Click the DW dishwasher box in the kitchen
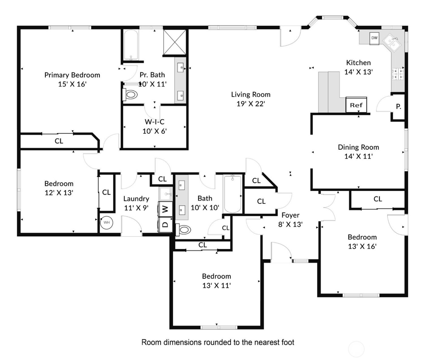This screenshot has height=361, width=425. tap(374, 38)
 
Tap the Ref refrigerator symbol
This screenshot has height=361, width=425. tap(356, 105)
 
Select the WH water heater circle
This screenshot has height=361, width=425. tap(106, 223)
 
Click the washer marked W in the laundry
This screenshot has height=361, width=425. tap(165, 209)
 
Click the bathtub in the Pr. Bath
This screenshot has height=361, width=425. tap(131, 45)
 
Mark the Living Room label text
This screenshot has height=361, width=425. tap(250, 94)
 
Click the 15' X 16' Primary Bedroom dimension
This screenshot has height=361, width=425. tap(72, 84)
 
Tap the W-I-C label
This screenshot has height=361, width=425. tap(155, 122)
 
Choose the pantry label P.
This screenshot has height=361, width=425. tap(398, 107)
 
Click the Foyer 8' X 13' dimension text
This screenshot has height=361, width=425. tap(290, 224)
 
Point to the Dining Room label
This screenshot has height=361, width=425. tap(358, 147)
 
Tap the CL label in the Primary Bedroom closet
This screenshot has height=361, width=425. tap(59, 141)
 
